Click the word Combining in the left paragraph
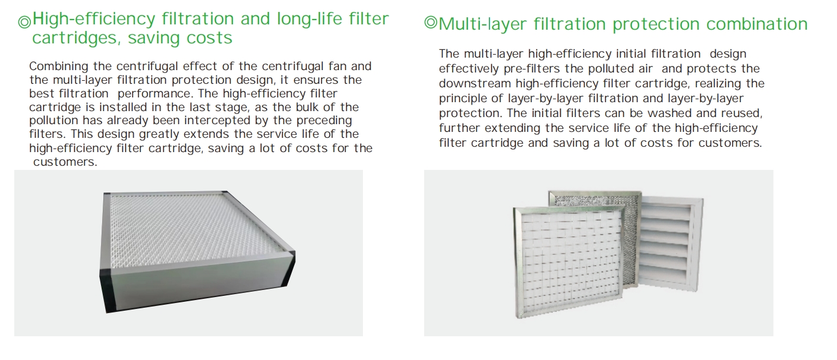[59, 67]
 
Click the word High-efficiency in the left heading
[94, 18]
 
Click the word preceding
[324, 121]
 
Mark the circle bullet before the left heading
[25, 21]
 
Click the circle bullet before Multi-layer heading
[431, 23]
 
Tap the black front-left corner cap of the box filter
[108, 291]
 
